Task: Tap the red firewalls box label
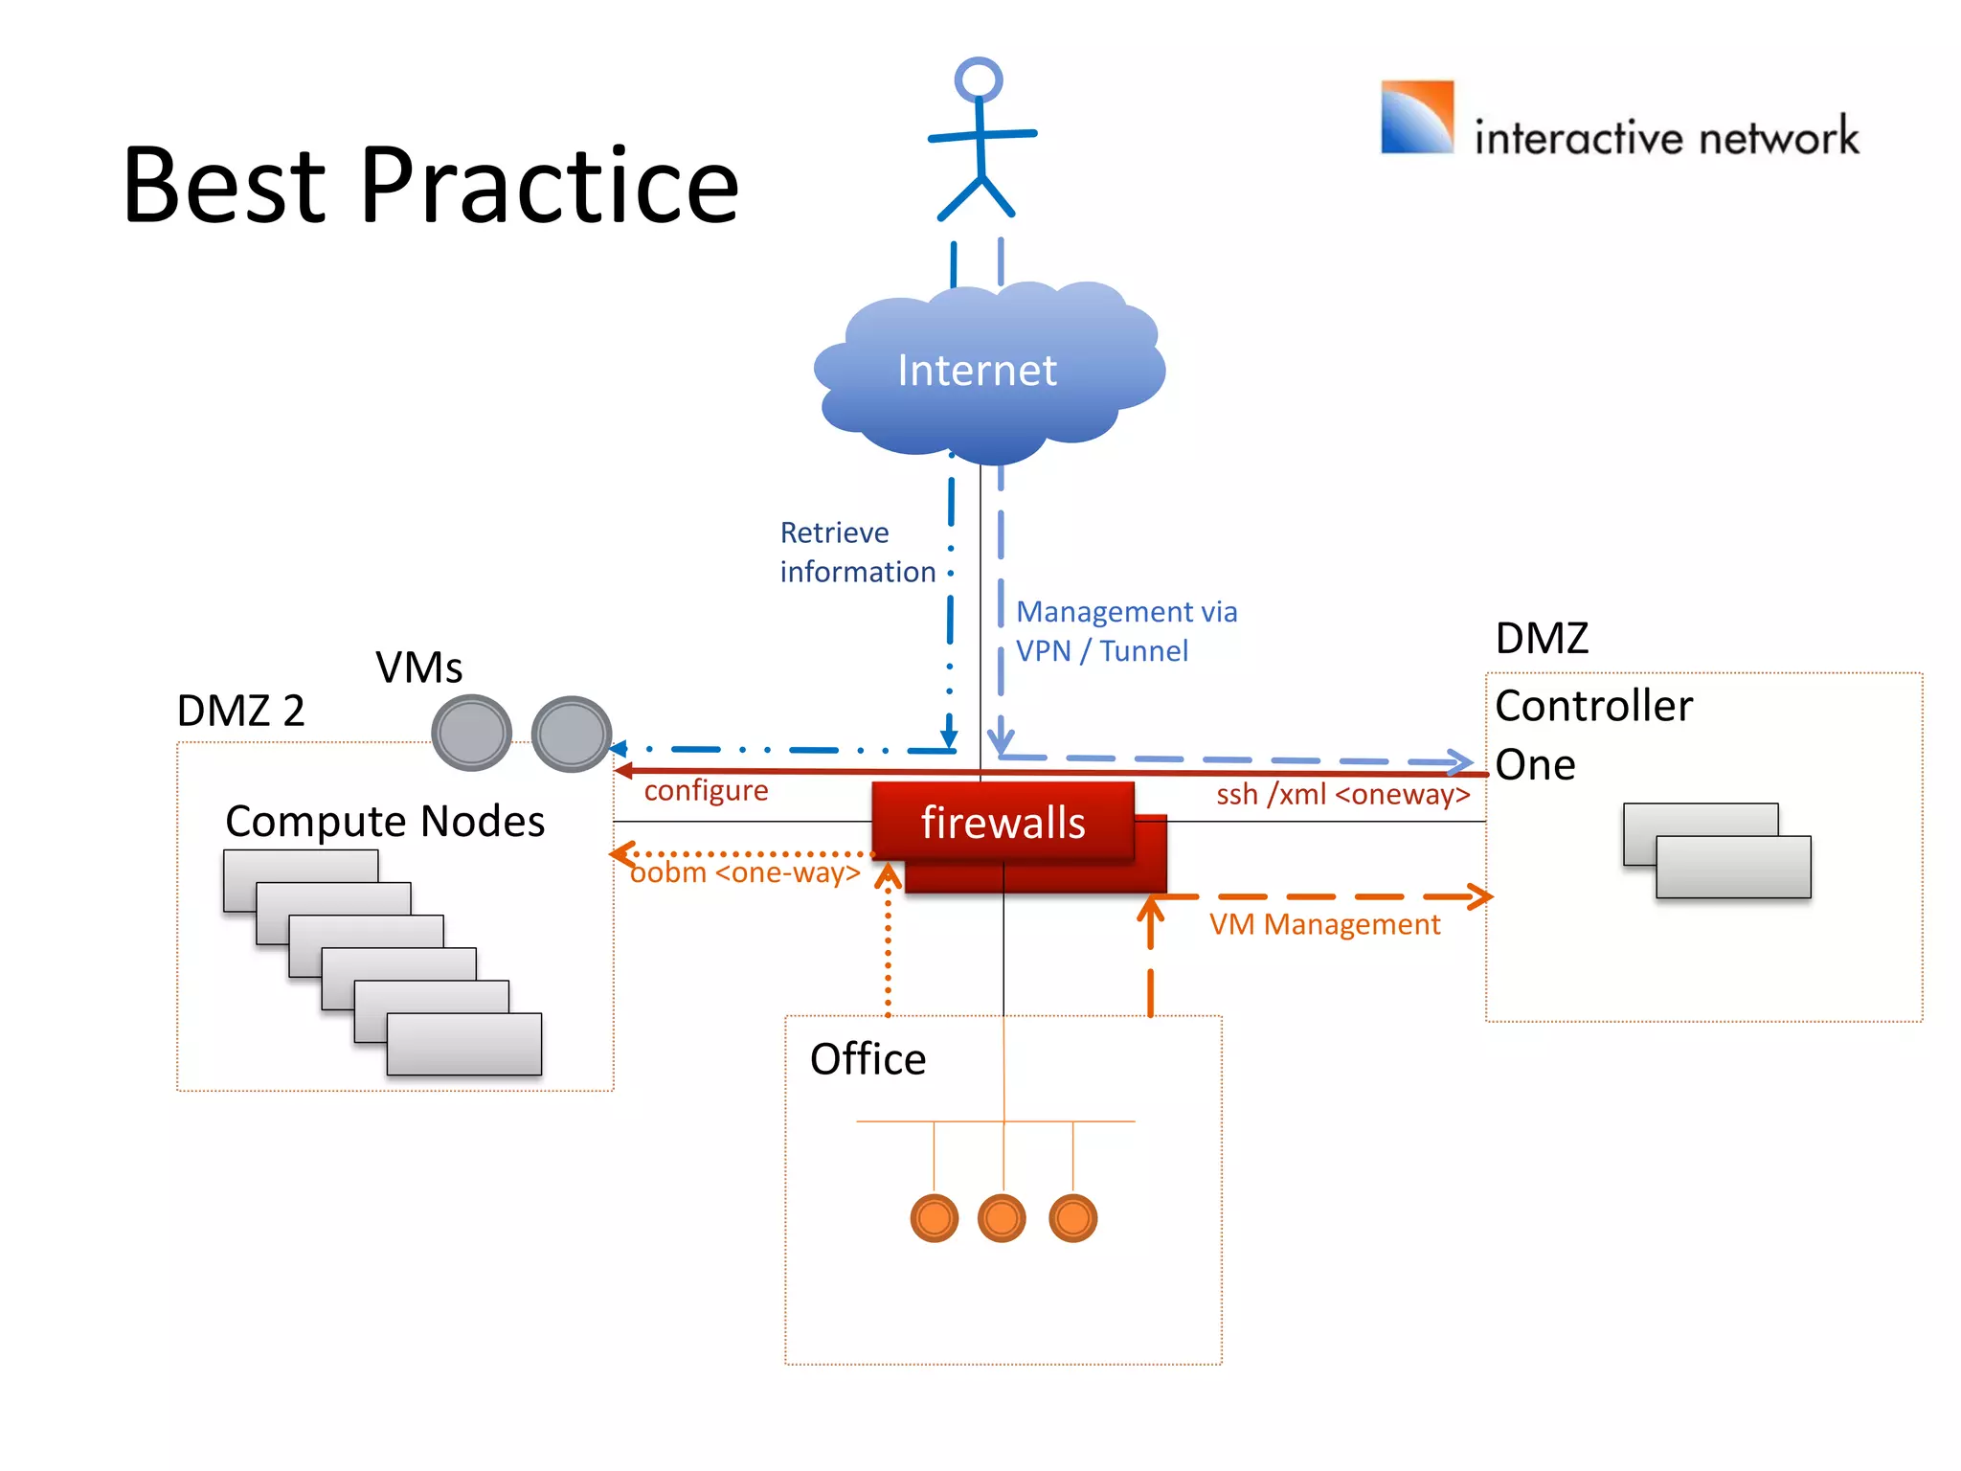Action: coord(1003,823)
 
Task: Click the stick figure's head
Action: coord(978,79)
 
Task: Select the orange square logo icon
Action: coord(1416,117)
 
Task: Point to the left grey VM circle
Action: coord(471,733)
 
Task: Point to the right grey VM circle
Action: coord(572,734)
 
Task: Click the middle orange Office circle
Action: coord(1002,1218)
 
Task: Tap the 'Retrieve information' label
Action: coord(856,552)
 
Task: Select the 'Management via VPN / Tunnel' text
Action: coord(1125,631)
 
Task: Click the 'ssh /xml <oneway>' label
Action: coord(1341,794)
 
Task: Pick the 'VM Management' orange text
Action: coord(1323,924)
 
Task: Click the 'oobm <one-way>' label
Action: coord(745,872)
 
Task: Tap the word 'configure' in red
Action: coord(706,790)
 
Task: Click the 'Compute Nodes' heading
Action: coord(385,821)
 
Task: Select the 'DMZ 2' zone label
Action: coord(240,711)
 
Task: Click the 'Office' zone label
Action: coord(868,1059)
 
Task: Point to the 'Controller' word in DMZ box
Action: coord(1593,706)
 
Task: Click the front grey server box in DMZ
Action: coord(1732,867)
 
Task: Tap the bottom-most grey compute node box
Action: coord(463,1044)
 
